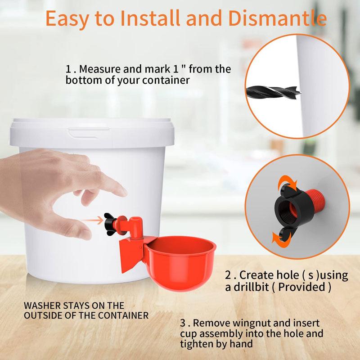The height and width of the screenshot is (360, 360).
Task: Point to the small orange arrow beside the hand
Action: coord(92,221)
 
